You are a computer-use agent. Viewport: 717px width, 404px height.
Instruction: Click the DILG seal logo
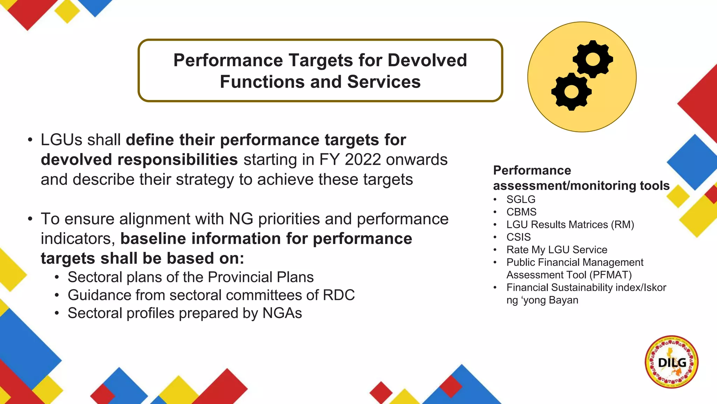coord(671,362)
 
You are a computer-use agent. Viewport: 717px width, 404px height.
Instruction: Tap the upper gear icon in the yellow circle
coord(593,59)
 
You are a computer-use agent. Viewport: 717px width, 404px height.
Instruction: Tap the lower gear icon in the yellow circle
coord(571,92)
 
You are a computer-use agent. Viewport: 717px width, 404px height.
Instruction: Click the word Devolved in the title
coord(427,60)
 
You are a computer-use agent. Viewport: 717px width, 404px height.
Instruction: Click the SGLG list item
coord(521,200)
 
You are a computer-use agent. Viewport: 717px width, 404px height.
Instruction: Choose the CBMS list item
coord(521,212)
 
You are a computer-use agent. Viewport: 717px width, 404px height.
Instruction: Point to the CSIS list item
coord(518,237)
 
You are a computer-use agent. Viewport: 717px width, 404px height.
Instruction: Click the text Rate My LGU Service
coord(557,250)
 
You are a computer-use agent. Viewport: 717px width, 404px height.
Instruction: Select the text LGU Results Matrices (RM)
coord(570,225)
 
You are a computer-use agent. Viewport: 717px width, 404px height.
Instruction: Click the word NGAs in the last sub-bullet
coord(282,313)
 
